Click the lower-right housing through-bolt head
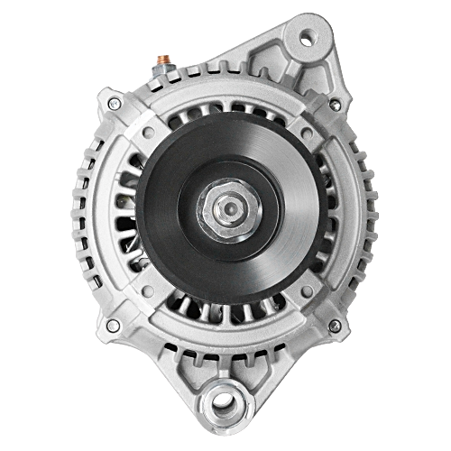[x=335, y=325]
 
